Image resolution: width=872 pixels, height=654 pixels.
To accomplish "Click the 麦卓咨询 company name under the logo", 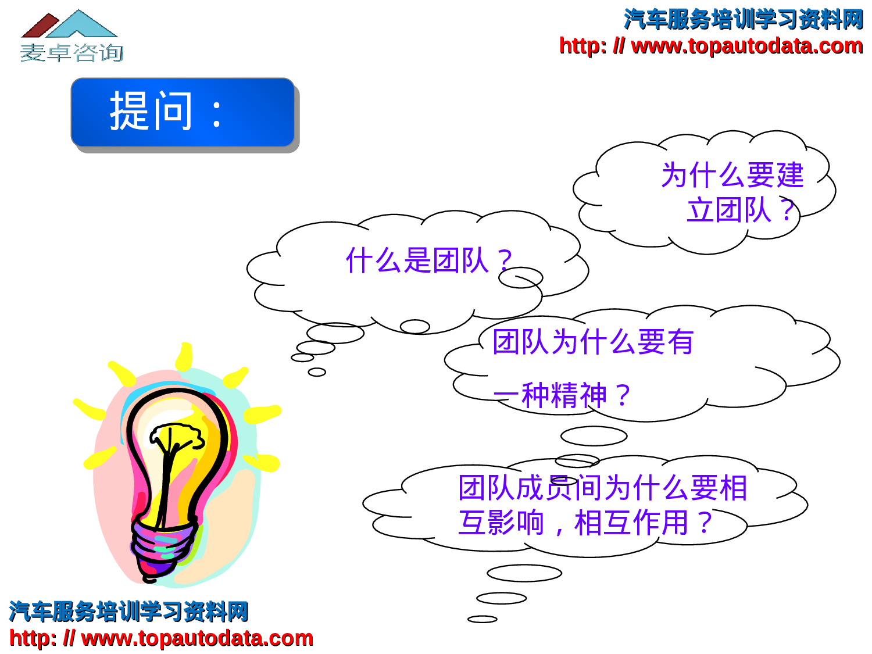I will [72, 53].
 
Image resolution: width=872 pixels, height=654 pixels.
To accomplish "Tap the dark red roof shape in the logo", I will [39, 27].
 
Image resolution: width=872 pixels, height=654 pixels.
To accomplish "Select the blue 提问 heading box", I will [183, 112].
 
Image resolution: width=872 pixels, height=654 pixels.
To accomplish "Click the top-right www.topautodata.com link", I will [710, 46].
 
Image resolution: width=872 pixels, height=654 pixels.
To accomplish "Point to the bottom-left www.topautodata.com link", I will [161, 638].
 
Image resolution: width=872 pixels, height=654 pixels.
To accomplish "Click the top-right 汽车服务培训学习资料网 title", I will [744, 19].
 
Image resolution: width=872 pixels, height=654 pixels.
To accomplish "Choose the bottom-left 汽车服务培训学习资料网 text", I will [128, 612].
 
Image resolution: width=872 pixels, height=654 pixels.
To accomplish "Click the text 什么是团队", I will [417, 260].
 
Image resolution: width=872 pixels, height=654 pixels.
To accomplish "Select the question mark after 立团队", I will [787, 210].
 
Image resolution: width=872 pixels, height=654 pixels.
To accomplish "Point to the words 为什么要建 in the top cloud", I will [732, 175].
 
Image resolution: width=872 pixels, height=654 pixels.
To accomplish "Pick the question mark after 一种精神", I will [623, 396].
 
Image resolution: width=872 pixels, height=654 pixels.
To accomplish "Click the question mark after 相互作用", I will [705, 522].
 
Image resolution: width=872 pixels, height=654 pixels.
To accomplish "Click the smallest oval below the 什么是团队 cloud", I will [317, 372].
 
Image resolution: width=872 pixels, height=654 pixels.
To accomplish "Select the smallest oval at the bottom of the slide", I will [482, 619].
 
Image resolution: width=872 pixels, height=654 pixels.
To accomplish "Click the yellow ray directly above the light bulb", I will [184, 356].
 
